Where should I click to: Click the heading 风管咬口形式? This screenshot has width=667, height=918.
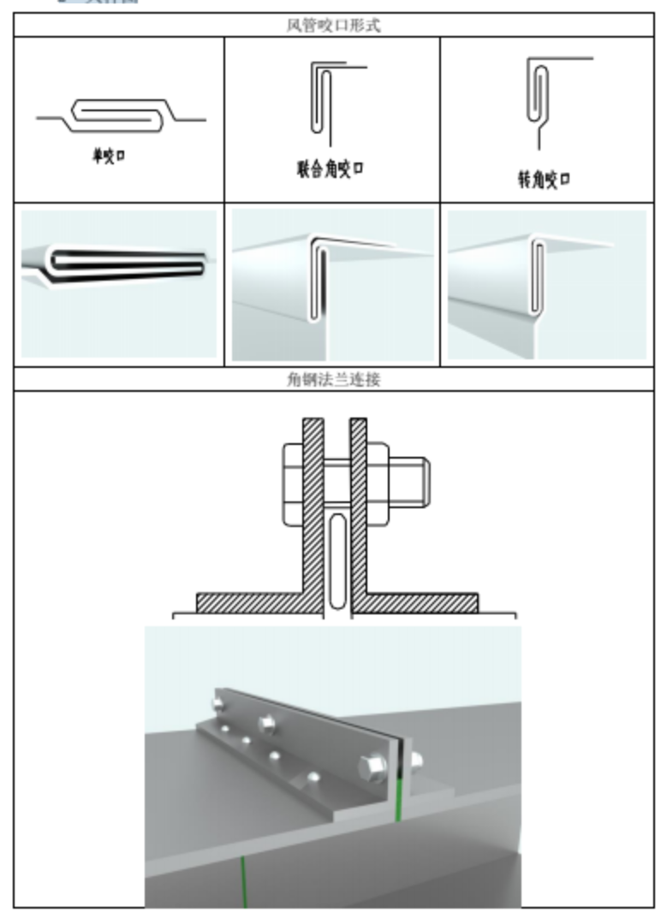click(333, 26)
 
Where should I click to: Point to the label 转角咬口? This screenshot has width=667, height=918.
click(544, 180)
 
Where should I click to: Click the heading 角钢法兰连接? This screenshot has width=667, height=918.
click(333, 380)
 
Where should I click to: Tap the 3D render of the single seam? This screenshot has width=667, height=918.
click(119, 283)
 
